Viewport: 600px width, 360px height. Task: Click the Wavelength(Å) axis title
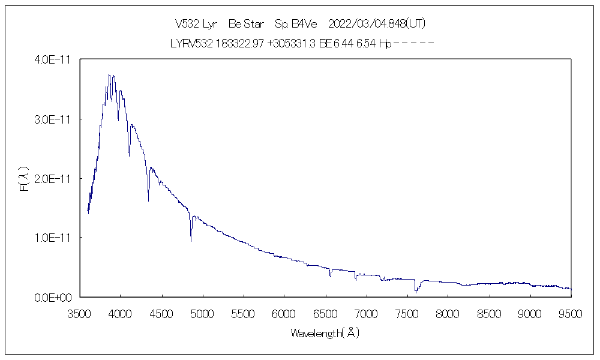tap(325, 332)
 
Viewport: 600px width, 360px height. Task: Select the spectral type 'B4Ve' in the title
tap(304, 24)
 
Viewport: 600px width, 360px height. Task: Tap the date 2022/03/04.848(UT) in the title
tap(377, 24)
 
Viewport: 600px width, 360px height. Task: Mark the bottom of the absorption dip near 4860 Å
tap(191, 241)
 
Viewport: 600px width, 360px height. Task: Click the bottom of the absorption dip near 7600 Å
tap(416, 292)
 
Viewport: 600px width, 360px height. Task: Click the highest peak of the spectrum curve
tap(109, 74)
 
